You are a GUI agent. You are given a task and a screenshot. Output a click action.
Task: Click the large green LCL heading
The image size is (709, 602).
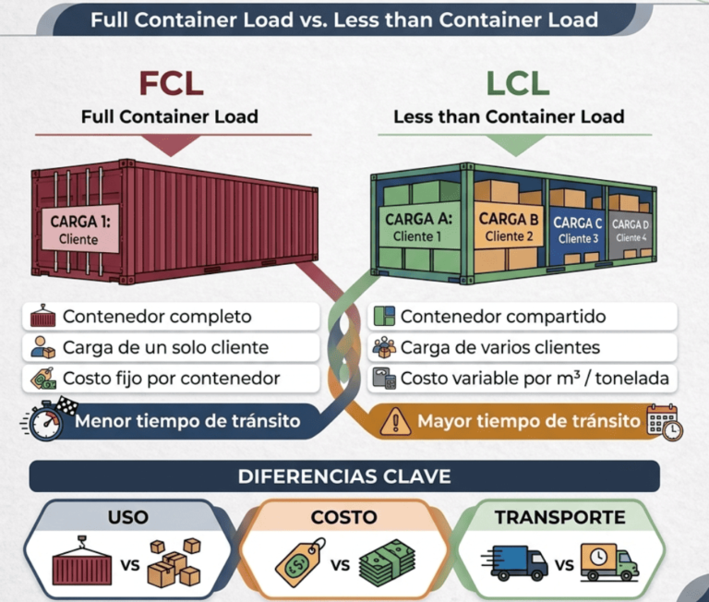pos(517,83)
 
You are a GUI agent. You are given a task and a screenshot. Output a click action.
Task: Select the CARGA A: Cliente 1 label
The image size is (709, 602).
pos(418,227)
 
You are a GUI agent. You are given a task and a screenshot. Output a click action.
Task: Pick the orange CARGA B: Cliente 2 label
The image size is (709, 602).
pos(509,227)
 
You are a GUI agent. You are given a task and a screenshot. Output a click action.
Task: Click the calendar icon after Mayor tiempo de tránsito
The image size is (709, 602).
pos(665,421)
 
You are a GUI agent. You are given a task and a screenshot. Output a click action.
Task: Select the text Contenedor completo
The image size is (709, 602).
pos(157,317)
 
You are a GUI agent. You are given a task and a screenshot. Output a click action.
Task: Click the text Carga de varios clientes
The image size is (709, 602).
pos(499,348)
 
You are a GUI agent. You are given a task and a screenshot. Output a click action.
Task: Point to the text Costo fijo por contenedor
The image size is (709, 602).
pos(171,379)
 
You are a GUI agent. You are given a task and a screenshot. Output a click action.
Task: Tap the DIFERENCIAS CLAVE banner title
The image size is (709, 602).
pos(344,476)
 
